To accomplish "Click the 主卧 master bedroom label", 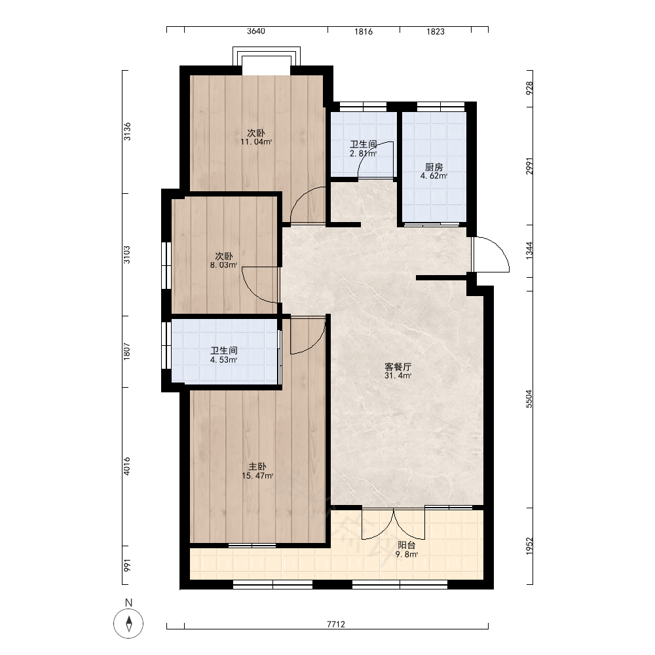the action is pos(257,466).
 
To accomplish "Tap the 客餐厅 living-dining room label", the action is pos(398,367).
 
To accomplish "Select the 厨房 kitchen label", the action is pos(434,167).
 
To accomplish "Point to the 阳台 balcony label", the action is pos(407,545).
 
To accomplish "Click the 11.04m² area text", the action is pos(256,141).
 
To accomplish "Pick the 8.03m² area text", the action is pos(223,265).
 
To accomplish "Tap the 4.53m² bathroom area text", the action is pos(224,360).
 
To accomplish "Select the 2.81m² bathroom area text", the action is pos(364,153).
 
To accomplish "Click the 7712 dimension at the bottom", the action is pos(336,624).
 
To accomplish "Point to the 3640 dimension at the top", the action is pos(255,31).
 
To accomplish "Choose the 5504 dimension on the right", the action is pos(529,398).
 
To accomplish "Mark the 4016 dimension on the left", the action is pos(126,466).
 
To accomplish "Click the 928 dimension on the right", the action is pos(529,88).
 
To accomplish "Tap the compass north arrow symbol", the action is pos(128,624).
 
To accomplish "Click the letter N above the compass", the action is pos(128,603).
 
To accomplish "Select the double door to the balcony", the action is pos(394,523).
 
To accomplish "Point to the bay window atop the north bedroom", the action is pos(267,56).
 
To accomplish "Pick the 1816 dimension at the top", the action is pos(364,31).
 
